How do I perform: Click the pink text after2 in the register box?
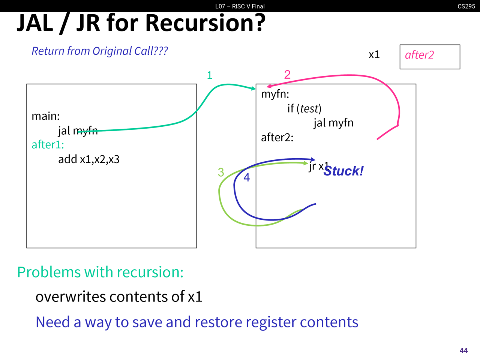[x=419, y=55]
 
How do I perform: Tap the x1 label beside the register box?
[x=374, y=55]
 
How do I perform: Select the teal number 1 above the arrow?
[x=210, y=75]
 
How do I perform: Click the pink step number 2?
[x=287, y=75]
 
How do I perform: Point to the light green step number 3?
[x=221, y=172]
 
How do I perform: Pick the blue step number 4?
[x=247, y=177]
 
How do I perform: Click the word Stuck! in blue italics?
[x=343, y=171]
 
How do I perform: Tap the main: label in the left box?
[x=46, y=116]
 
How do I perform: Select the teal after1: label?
[x=48, y=145]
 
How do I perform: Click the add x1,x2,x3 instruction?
[x=89, y=159]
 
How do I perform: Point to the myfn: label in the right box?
[x=275, y=94]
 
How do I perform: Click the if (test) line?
[x=304, y=109]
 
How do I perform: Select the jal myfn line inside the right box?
[x=333, y=123]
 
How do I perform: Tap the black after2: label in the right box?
[x=277, y=138]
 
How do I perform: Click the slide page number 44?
[x=463, y=351]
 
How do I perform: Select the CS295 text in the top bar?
[x=466, y=6]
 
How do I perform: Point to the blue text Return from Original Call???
[x=100, y=51]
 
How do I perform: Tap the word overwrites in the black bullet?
[x=70, y=297]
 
